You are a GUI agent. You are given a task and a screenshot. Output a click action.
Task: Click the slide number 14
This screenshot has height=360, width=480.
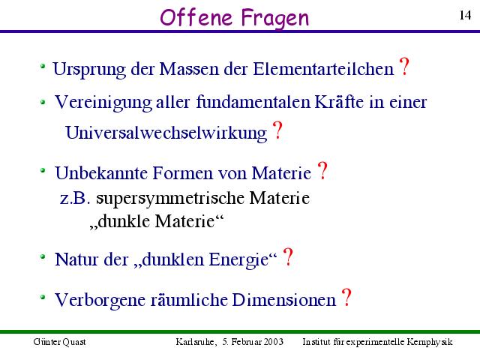click(x=465, y=15)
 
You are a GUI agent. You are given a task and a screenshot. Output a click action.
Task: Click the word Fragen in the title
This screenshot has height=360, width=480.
click(x=275, y=19)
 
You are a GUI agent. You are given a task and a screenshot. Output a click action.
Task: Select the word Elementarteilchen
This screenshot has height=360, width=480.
click(x=323, y=68)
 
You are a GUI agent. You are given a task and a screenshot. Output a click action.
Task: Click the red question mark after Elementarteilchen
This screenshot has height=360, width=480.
click(x=404, y=67)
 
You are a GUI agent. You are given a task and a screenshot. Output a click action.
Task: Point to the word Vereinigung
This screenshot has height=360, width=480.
click(x=103, y=103)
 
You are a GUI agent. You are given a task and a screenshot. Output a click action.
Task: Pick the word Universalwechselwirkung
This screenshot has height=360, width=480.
click(x=166, y=133)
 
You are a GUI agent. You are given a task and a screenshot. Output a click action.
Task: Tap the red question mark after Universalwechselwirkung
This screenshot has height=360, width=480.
click(x=277, y=130)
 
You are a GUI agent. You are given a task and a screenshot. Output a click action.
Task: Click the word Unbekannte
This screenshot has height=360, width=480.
click(x=101, y=173)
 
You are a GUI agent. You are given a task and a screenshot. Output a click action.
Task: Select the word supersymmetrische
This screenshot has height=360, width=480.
click(x=170, y=198)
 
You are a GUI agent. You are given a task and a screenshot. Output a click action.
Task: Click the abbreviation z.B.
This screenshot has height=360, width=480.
click(x=75, y=198)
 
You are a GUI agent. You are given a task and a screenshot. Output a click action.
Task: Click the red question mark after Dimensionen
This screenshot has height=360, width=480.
click(x=346, y=297)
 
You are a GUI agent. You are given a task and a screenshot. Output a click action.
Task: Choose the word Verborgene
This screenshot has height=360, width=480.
click(x=100, y=300)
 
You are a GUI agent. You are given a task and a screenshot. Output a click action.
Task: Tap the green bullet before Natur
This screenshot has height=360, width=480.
click(x=43, y=256)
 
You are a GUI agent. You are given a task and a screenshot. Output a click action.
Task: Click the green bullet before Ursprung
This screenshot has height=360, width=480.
click(x=43, y=66)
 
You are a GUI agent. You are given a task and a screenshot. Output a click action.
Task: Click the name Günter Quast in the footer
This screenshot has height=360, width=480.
click(x=60, y=342)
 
